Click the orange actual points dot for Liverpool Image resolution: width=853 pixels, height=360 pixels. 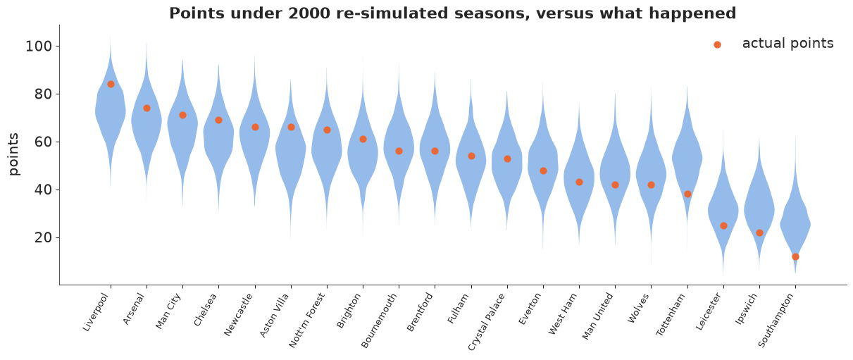[111, 85]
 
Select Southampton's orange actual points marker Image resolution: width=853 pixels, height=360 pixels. [795, 256]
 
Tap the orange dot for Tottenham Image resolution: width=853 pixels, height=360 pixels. [687, 194]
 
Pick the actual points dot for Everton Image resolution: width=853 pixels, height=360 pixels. [543, 170]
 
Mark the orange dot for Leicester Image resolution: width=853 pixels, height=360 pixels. [723, 226]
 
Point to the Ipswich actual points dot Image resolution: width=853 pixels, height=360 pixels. [759, 232]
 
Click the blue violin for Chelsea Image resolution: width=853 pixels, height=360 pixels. [218, 141]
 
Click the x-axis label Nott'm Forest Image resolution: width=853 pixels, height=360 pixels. [307, 321]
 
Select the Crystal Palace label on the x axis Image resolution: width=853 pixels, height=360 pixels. [486, 322]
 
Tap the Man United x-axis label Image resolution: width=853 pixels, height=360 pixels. [598, 316]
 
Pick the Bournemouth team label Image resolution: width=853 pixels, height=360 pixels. [379, 321]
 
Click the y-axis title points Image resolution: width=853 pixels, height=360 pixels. [13, 154]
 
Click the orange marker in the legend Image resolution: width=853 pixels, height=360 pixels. [717, 44]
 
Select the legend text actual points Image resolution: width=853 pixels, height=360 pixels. [788, 44]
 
